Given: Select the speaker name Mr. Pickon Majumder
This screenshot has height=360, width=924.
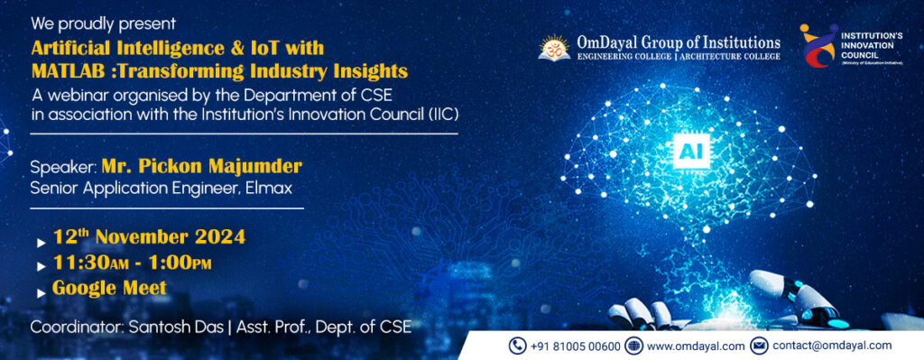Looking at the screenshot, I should (x=201, y=167).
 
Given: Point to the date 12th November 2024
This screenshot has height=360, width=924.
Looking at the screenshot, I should (x=149, y=237).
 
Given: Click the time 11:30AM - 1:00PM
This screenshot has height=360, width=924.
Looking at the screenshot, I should (x=132, y=263).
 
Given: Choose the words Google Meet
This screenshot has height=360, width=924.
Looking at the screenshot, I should (x=109, y=289).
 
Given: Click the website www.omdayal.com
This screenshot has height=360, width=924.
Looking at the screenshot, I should (x=696, y=346).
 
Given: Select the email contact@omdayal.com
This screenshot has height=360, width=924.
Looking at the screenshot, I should (x=832, y=346).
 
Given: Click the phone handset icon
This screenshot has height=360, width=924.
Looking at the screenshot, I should (x=517, y=346).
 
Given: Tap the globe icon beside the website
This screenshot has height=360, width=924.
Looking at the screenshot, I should (x=633, y=346).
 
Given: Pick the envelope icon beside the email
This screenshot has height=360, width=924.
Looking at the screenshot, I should (x=759, y=346).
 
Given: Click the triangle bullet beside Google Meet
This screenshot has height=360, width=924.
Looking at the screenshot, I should (x=41, y=291).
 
